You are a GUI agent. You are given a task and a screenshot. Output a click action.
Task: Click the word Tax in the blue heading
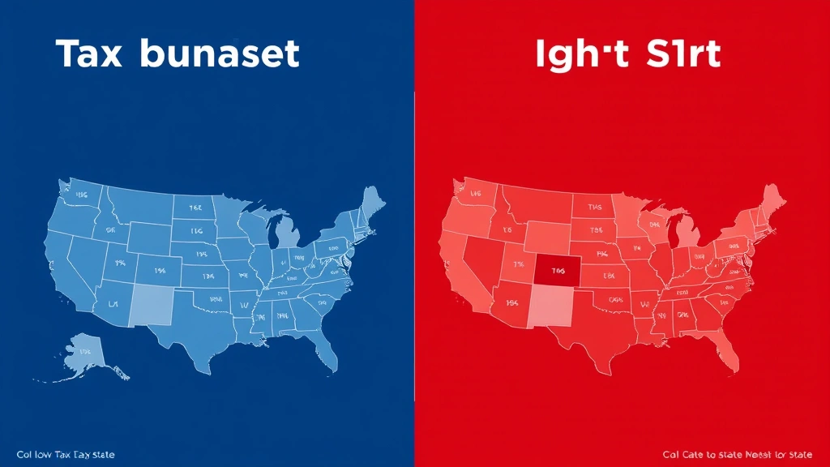[x=90, y=54]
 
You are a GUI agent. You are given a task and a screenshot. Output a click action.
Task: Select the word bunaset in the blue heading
[x=219, y=54]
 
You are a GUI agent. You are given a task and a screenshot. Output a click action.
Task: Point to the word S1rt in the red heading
[x=677, y=54]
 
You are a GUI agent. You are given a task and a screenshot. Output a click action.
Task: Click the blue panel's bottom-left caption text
[x=66, y=455]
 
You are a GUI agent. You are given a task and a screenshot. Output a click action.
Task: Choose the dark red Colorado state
[x=555, y=271]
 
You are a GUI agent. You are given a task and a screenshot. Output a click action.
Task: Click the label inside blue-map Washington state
[x=81, y=195]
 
